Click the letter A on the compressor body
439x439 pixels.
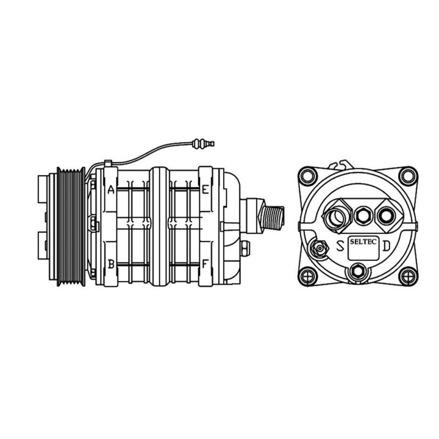[111, 190]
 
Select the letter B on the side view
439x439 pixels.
[111, 264]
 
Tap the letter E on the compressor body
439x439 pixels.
[205, 190]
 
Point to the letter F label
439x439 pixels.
[205, 264]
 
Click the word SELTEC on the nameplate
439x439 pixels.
[363, 243]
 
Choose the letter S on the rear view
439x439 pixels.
[339, 247]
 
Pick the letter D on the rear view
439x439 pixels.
[387, 249]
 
